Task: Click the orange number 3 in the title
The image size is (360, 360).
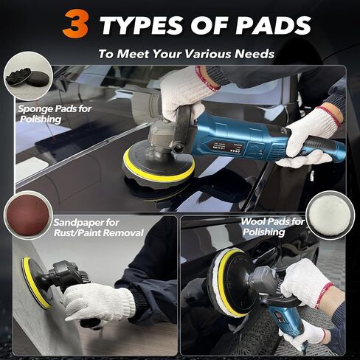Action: pyautogui.click(x=75, y=24)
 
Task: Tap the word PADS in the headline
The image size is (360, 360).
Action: pyautogui.click(x=274, y=25)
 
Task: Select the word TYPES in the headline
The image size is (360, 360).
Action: pyautogui.click(x=142, y=25)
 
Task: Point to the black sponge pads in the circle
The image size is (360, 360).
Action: pyautogui.click(x=27, y=78)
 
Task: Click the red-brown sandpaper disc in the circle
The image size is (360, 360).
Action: pyautogui.click(x=28, y=215)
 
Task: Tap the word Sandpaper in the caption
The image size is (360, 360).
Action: pyautogui.click(x=78, y=223)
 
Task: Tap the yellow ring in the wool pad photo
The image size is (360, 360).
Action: pyautogui.click(x=227, y=283)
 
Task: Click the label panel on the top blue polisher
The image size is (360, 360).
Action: pyautogui.click(x=220, y=147)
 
